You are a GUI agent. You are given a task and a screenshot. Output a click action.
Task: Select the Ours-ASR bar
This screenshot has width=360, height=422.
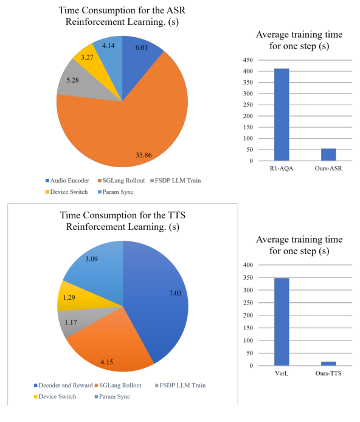pos(328,154)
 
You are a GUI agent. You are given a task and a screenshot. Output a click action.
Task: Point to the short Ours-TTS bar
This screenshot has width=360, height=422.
pos(328,363)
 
